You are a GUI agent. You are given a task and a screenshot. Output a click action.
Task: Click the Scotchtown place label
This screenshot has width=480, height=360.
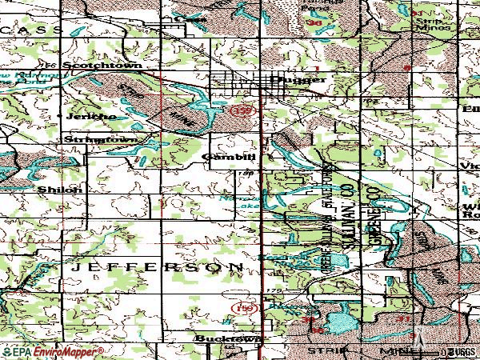coord(93,65)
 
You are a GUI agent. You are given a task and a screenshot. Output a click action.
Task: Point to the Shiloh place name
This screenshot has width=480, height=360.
coord(60,190)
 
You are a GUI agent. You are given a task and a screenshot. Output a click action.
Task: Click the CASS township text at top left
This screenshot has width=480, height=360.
coord(16,26)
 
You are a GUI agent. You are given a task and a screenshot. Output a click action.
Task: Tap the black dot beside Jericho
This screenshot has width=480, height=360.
coord(62,116)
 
